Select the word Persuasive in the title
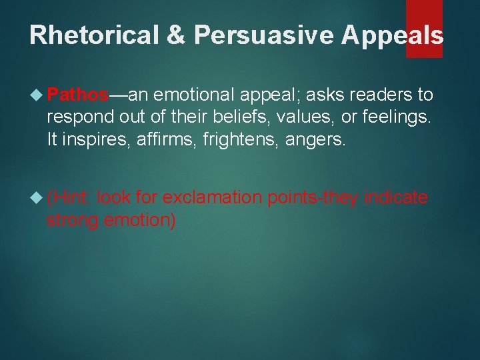coord(263,35)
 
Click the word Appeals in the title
coord(392,35)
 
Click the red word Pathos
coord(78,95)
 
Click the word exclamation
coord(213,198)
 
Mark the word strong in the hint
coord(72,220)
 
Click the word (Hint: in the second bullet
coord(69,198)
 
